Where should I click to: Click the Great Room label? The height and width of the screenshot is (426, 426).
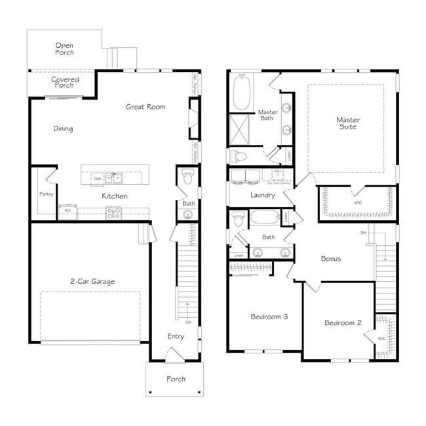145,107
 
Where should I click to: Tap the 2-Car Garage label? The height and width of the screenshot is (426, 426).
92,281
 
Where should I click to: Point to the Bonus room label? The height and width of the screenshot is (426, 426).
330,258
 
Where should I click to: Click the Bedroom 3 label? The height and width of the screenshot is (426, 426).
269,317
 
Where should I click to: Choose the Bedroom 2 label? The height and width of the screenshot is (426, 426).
343,322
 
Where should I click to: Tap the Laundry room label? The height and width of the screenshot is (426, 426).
262,195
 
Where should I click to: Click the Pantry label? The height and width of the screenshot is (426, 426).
46,194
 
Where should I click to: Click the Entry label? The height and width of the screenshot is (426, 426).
176,336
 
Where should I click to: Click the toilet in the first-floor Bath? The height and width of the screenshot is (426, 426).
187,178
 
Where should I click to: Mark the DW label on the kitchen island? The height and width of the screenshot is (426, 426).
97,178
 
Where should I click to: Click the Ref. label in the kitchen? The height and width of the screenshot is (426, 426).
67,210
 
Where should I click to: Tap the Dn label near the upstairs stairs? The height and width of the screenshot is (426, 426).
363,232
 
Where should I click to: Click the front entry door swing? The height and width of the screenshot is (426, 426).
173,355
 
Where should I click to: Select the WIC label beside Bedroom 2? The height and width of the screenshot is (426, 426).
381,338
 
